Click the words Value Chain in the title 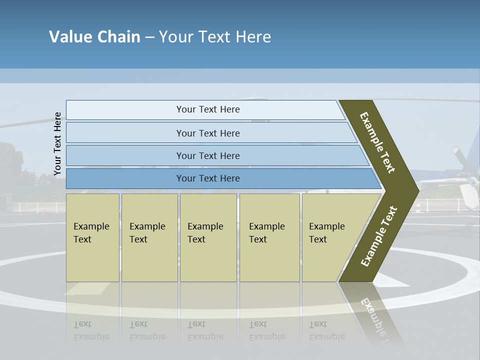point(94,37)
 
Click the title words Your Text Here point(215,37)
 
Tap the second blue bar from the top point(208,133)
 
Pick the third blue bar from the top point(208,155)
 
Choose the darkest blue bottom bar point(208,178)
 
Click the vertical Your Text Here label point(57,143)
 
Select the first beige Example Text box point(92,237)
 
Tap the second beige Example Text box point(149,237)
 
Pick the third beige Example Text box point(208,237)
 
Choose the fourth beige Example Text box point(269,237)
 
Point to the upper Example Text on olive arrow point(377,142)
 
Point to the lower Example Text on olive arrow point(378,236)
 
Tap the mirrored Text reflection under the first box point(82,324)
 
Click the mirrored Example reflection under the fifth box point(327,336)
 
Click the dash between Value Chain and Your point(149,37)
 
